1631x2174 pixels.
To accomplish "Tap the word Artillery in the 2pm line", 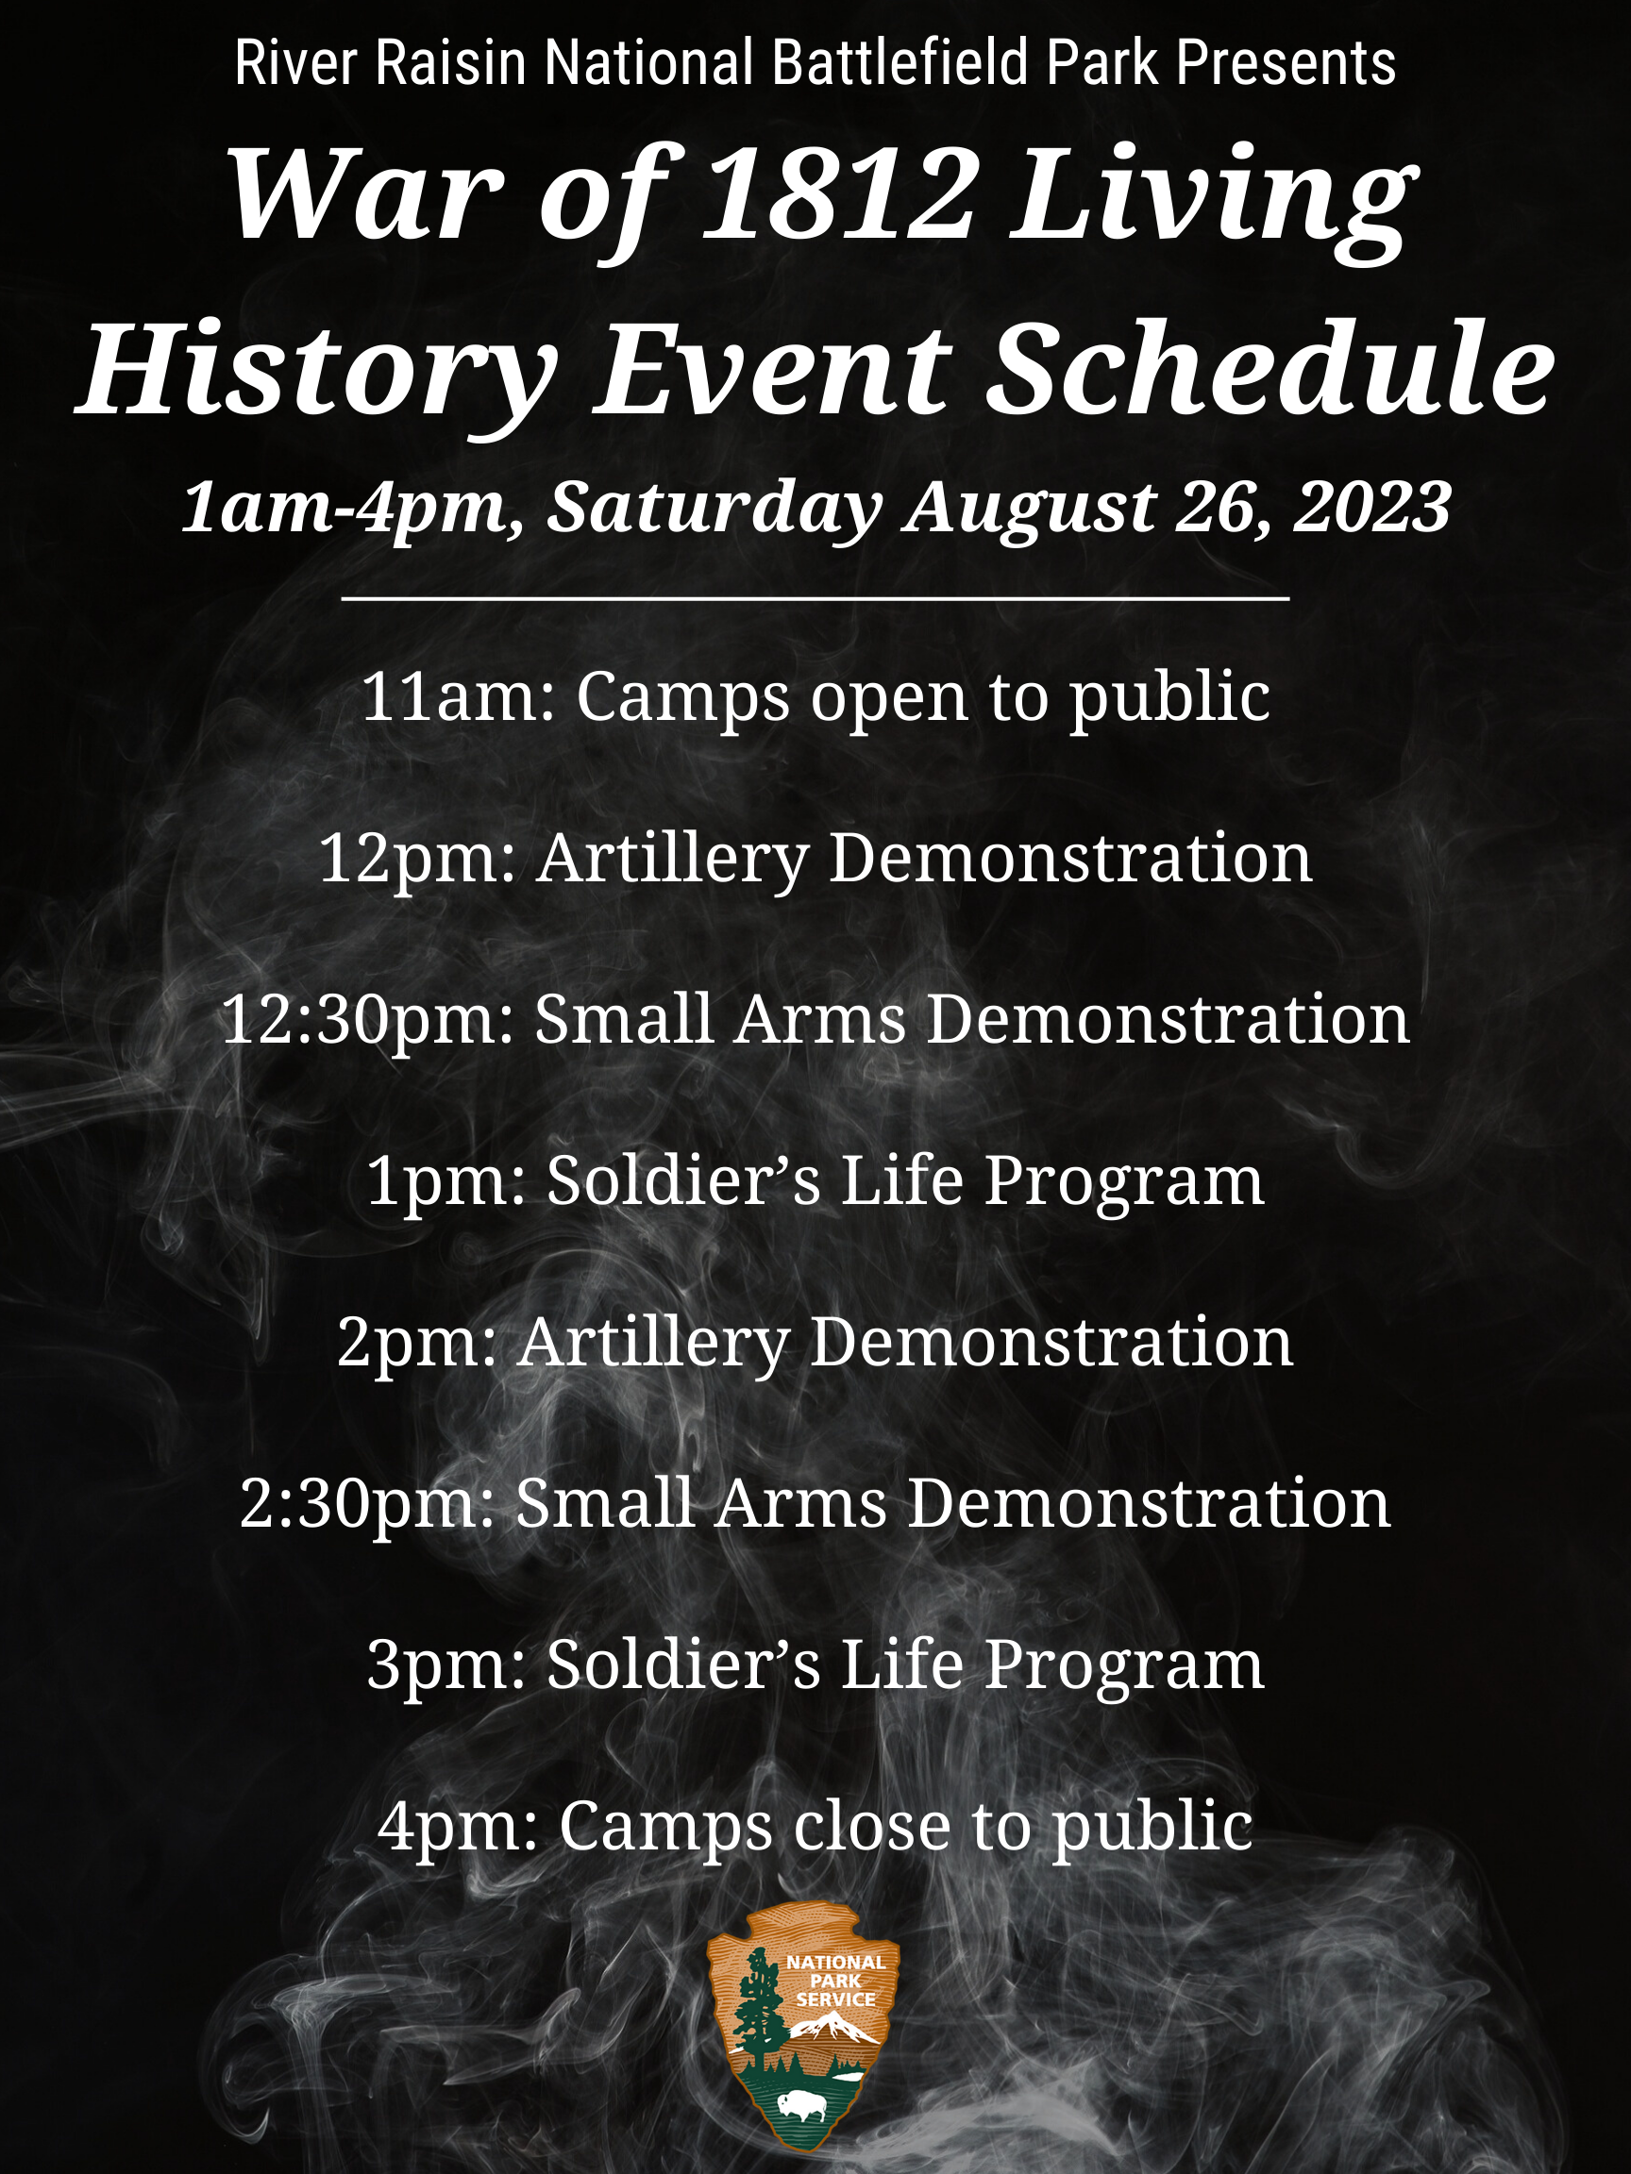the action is [x=654, y=1344].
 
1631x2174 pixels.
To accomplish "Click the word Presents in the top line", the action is [x=1286, y=63].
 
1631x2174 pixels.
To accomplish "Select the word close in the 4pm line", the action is [x=872, y=1826].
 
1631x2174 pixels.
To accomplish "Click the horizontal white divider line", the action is [x=815, y=596].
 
